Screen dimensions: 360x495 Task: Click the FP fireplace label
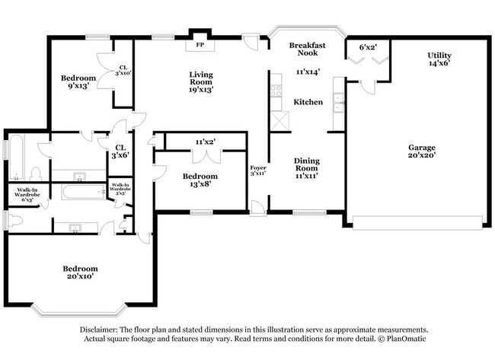click(200, 45)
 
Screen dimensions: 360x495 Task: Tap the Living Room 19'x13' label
click(201, 81)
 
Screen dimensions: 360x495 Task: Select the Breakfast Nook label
click(308, 49)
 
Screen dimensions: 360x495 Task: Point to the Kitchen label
click(308, 102)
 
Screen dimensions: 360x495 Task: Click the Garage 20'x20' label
click(421, 152)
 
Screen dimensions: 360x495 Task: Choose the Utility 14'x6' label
click(439, 59)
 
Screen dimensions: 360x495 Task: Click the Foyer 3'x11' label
click(258, 170)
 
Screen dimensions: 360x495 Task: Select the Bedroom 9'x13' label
click(78, 82)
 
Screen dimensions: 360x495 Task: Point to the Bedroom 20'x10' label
click(80, 272)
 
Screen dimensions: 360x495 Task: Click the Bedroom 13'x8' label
click(200, 180)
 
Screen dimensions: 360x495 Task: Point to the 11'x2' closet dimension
click(206, 142)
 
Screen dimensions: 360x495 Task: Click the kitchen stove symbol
click(276, 91)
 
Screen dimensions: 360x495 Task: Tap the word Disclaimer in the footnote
click(101, 329)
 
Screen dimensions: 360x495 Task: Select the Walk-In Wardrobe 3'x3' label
click(120, 189)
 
